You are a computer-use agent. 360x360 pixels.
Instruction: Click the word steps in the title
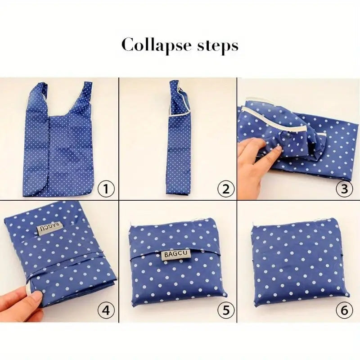click(x=215, y=46)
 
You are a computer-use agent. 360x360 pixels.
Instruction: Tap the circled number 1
click(x=106, y=189)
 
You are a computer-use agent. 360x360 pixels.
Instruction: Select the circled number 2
click(x=225, y=189)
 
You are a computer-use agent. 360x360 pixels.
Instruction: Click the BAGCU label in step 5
click(x=177, y=255)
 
